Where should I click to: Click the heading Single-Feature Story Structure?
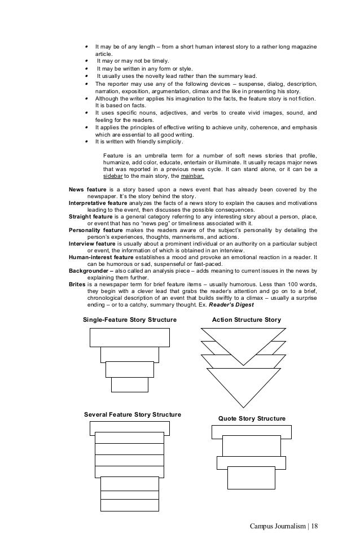coord(129,320)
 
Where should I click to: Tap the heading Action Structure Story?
coord(246,320)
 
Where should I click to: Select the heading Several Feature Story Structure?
coord(132,415)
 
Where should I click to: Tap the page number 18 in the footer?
coord(314,527)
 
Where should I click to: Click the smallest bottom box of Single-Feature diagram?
coord(121,384)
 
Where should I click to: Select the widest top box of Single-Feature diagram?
coord(129,337)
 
